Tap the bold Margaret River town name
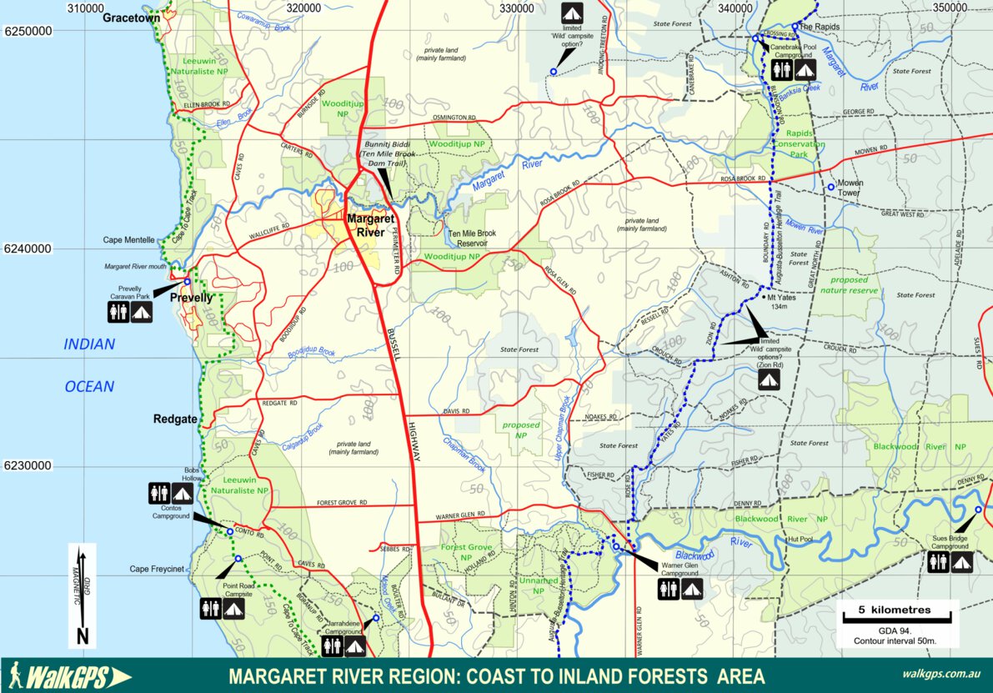point(372,225)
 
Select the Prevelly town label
point(192,298)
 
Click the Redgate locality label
point(175,419)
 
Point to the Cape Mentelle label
point(128,239)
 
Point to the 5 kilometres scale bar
point(897,615)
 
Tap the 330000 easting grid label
point(516,8)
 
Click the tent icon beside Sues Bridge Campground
point(961,563)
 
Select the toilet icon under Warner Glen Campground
point(668,590)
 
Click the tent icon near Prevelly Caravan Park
point(141,312)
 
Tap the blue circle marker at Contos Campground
point(229,532)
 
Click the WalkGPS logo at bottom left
point(70,675)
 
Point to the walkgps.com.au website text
point(940,675)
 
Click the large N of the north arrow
point(82,636)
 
